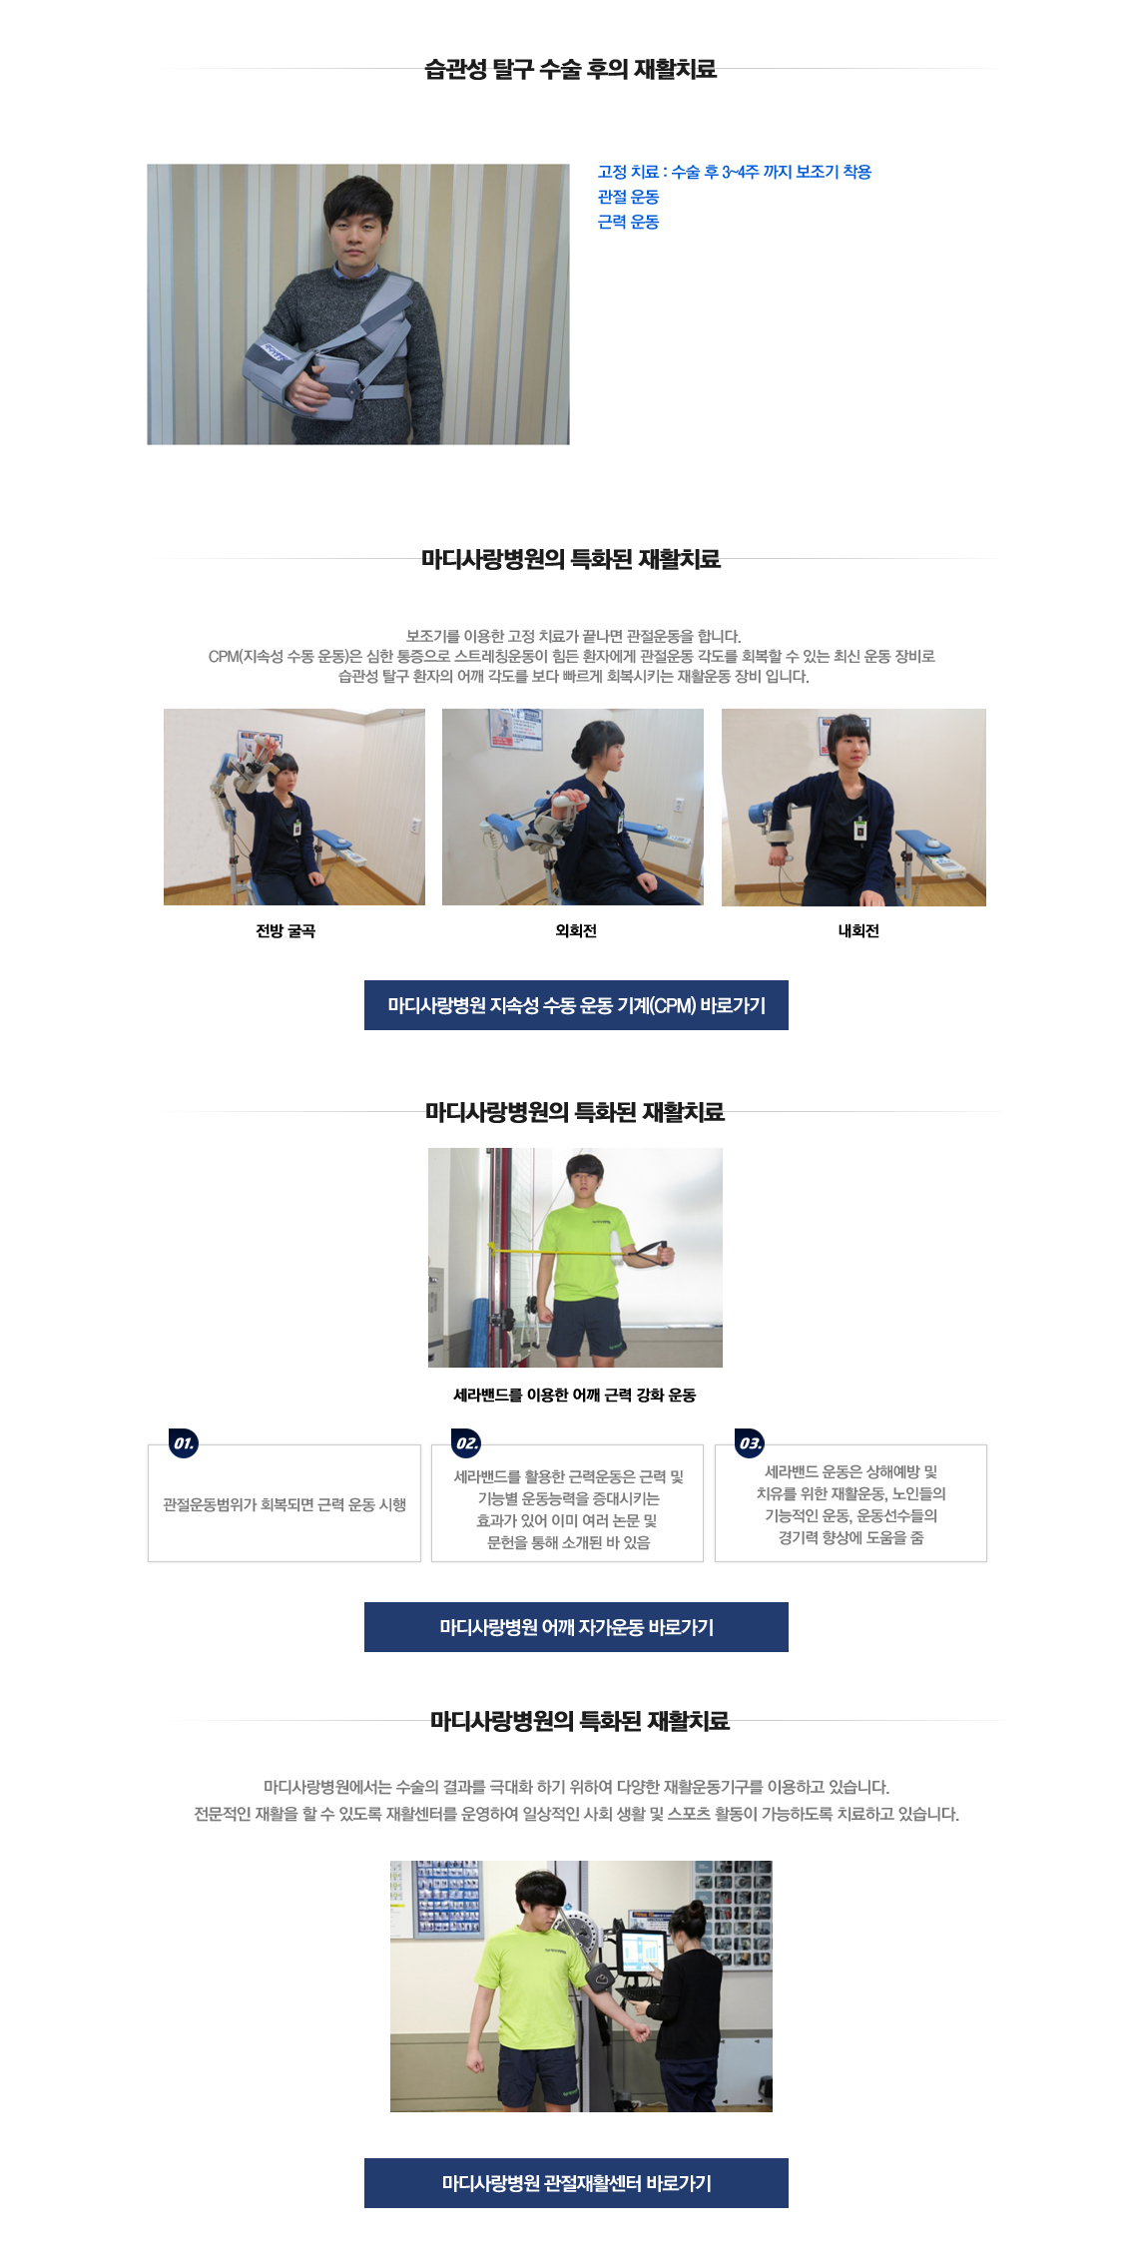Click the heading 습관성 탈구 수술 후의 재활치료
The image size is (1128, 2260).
[x=570, y=69]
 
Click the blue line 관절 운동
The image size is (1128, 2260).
[x=628, y=197]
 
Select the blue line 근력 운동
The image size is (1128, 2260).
[x=628, y=222]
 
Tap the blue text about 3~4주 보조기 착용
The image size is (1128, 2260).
[x=735, y=172]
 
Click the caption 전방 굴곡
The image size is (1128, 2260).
[x=285, y=930]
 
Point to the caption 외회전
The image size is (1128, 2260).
[x=576, y=930]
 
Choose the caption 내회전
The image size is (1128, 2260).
[x=858, y=930]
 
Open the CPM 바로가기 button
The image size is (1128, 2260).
[x=576, y=1005]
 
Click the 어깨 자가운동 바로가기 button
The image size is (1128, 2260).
[x=576, y=1627]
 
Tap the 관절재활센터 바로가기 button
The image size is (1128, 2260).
[x=576, y=2183]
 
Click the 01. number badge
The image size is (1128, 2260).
[x=184, y=1443]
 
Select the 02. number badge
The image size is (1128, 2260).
[x=467, y=1443]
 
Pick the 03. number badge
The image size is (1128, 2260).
[x=750, y=1443]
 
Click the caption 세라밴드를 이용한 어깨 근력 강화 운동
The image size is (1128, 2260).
[x=575, y=1395]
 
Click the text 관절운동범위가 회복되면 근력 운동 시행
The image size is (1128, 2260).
[x=284, y=1504]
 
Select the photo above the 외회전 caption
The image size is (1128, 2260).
[x=573, y=808]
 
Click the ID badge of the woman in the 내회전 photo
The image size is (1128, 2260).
[x=859, y=831]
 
